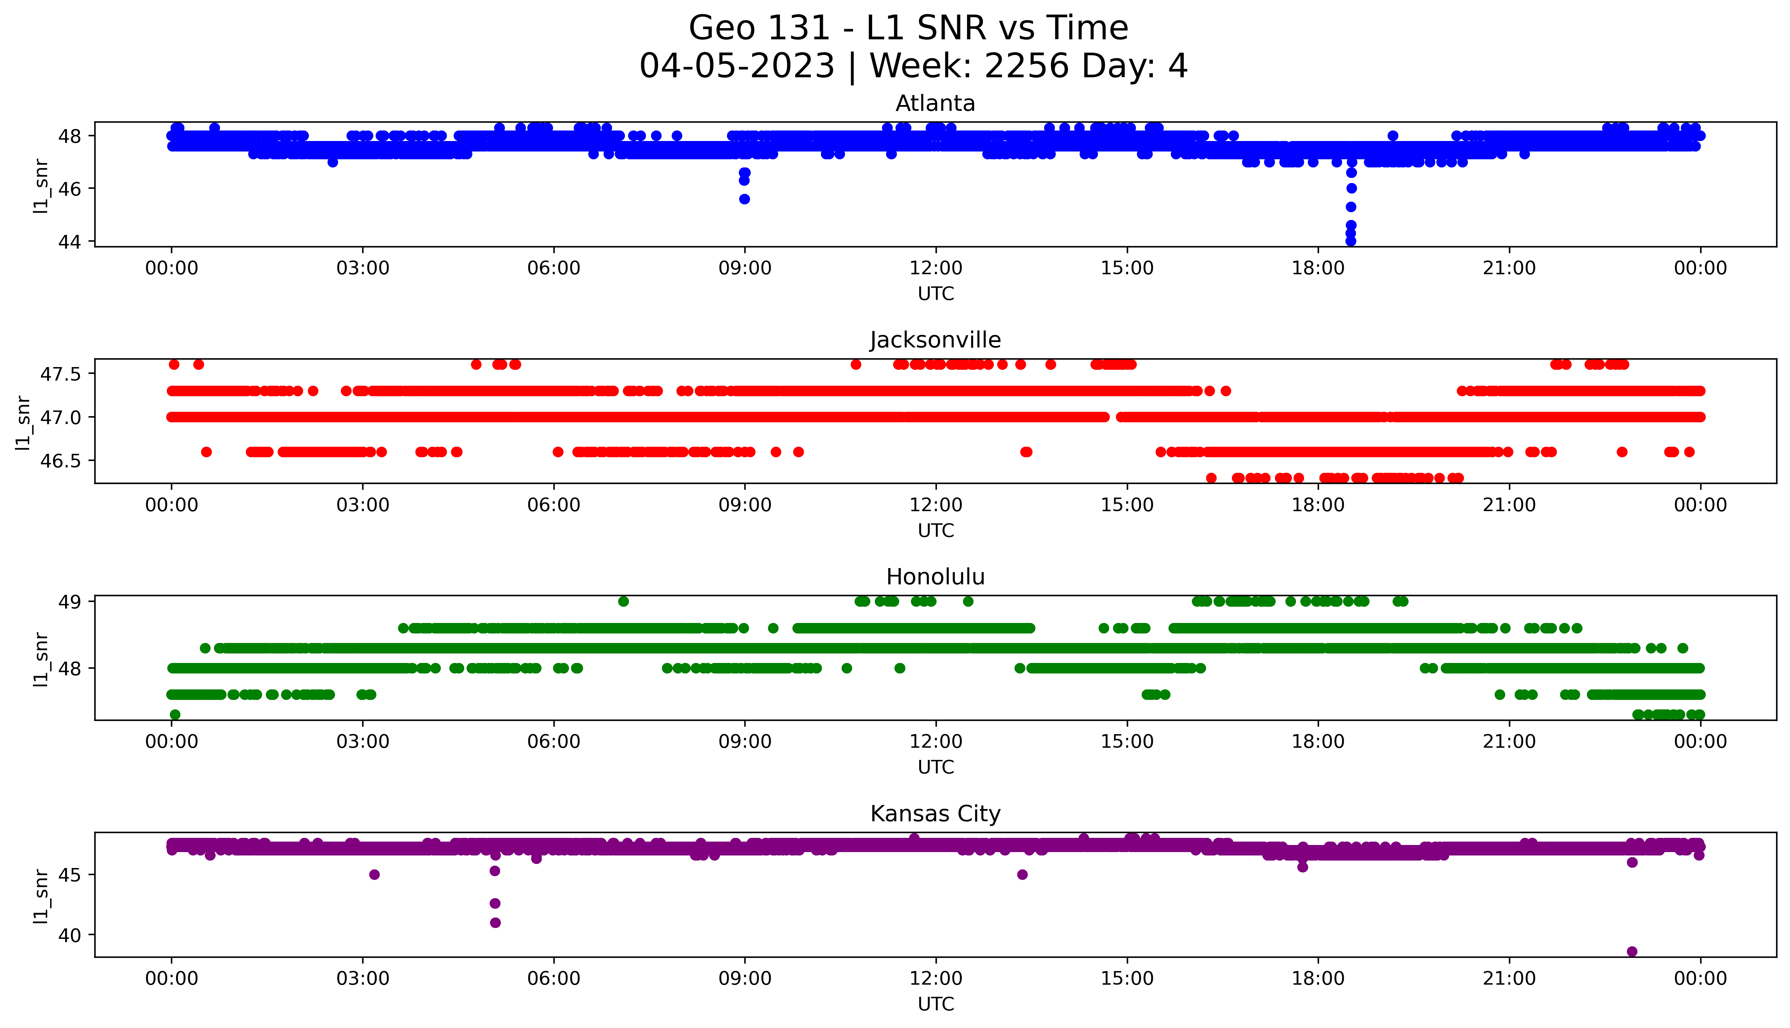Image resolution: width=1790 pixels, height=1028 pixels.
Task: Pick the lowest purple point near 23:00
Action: click(x=1632, y=951)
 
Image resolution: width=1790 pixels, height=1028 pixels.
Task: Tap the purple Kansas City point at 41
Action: click(x=495, y=922)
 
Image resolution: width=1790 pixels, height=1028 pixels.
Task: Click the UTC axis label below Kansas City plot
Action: click(x=936, y=1003)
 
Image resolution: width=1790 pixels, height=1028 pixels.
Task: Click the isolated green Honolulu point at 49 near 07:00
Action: click(x=623, y=602)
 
